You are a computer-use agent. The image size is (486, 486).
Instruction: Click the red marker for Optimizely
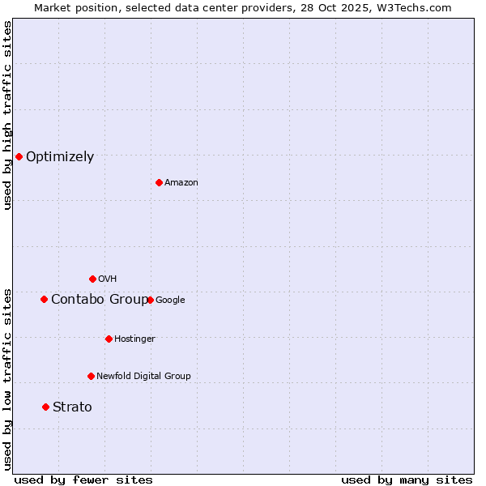point(19,156)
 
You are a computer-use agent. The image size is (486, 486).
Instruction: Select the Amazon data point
point(159,182)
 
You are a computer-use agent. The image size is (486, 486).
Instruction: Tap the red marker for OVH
point(92,279)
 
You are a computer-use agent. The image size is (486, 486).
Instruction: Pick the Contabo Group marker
point(44,299)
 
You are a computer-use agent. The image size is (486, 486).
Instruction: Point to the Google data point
point(150,300)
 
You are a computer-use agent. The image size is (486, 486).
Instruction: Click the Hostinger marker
point(109,339)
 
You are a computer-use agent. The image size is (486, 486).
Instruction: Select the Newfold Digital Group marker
point(91,376)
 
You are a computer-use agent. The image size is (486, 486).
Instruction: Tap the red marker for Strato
point(45,407)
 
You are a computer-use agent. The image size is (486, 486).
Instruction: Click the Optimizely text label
point(60,157)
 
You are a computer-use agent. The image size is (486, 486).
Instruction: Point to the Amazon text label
point(181,183)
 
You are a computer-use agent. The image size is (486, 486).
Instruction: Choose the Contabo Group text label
point(100,300)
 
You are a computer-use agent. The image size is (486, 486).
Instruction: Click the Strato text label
point(72,407)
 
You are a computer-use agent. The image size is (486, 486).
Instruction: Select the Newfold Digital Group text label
point(143,376)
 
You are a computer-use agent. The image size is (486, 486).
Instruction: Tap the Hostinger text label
point(134,339)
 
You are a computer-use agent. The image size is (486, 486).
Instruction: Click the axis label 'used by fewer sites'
point(83,480)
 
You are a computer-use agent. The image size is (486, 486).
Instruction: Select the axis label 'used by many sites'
point(407,480)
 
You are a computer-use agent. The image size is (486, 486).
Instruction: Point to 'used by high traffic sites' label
point(7,115)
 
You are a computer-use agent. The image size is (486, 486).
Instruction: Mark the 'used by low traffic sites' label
point(7,379)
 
